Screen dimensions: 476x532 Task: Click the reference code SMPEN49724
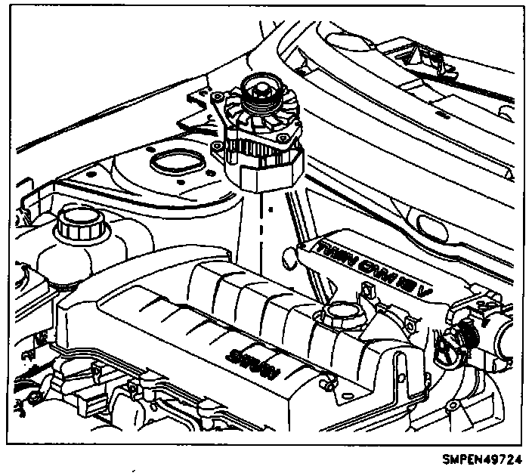486,458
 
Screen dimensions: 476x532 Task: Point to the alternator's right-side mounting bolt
286,138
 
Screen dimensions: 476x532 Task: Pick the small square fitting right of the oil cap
370,292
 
